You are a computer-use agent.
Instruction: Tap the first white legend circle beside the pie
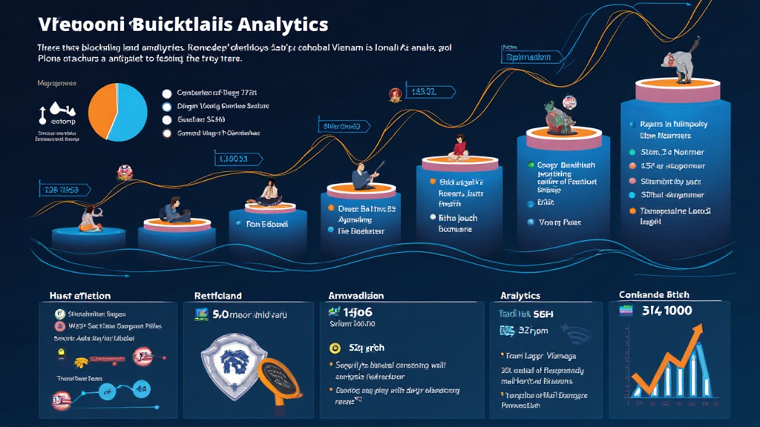[166, 93]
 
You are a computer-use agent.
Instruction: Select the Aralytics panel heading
[520, 295]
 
